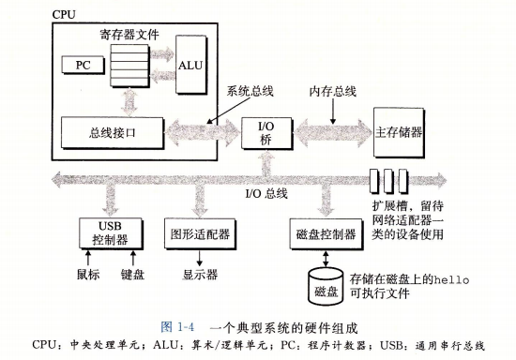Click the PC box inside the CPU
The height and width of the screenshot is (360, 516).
point(77,65)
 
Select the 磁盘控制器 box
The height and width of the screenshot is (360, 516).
point(323,232)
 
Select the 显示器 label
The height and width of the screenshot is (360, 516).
point(200,275)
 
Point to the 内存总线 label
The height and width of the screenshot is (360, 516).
point(333,92)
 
